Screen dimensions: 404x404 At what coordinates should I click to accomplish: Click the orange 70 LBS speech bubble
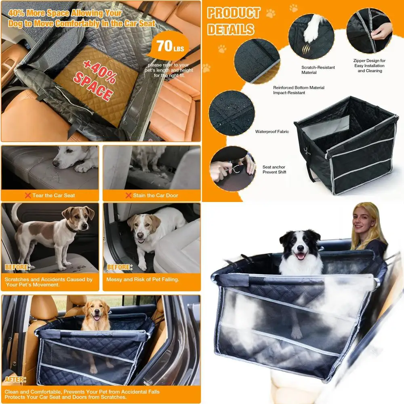[169, 47]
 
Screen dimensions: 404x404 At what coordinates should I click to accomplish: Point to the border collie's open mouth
[300, 255]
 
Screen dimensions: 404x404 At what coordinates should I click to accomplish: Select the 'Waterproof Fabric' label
[272, 132]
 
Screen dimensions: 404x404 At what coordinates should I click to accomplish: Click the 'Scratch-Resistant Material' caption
[318, 70]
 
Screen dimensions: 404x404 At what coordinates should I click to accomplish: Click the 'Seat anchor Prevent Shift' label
[274, 170]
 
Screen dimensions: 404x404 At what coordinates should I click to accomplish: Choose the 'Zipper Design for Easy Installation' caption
[370, 66]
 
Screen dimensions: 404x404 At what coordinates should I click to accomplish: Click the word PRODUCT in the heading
[234, 13]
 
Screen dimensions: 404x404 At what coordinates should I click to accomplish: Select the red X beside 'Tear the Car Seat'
[27, 196]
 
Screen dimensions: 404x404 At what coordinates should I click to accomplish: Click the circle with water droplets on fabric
[231, 113]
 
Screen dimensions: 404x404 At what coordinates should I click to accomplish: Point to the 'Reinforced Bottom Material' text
[299, 88]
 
